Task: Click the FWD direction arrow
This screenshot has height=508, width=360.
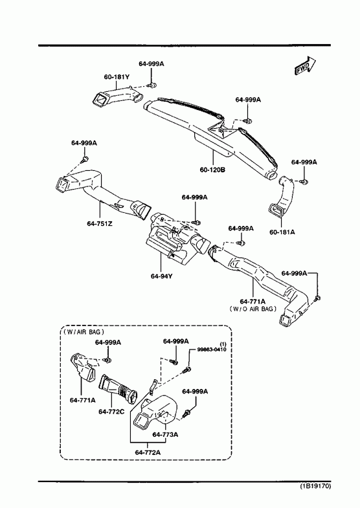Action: pos(305,67)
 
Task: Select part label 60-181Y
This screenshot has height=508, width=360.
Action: pos(117,77)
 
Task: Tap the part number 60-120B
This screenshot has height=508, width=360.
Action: pos(212,170)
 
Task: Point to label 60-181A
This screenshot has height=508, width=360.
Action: pos(282,232)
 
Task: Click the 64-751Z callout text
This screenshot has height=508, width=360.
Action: pos(100,223)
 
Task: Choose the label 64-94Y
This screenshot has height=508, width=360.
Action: pos(161,276)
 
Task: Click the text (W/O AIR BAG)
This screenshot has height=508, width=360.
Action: pos(253,309)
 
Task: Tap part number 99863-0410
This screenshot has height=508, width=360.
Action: pos(212,349)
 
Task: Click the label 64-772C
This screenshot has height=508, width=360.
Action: pos(111,412)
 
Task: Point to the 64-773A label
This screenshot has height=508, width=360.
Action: pos(165,435)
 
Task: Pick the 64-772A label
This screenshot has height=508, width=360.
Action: pos(148,452)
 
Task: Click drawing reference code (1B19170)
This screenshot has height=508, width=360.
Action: pos(315,486)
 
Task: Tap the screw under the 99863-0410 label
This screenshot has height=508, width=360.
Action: pos(187,369)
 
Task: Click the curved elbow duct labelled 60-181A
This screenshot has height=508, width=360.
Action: pos(281,196)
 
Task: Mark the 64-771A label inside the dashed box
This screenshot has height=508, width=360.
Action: pos(83,400)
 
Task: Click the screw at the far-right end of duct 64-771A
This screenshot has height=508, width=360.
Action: pos(317,298)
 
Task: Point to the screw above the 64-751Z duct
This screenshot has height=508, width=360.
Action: pos(85,159)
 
